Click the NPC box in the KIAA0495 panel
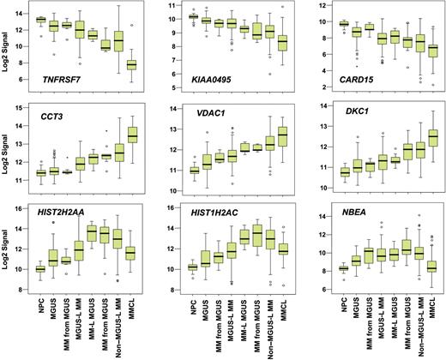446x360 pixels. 193,16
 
